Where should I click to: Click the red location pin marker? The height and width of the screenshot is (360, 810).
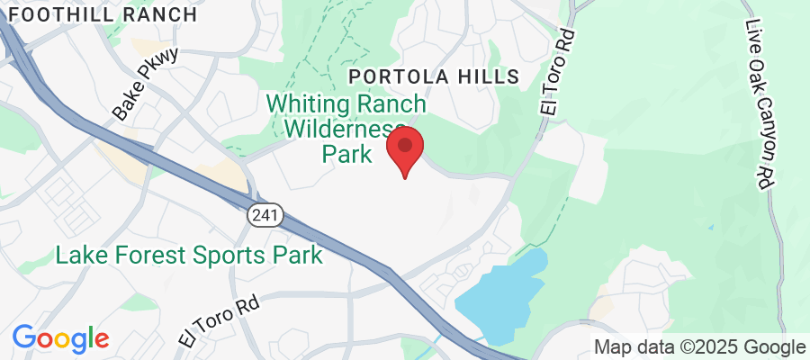(x=405, y=149)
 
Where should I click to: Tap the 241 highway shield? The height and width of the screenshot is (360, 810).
(x=266, y=216)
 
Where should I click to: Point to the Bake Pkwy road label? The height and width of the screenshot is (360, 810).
(x=147, y=84)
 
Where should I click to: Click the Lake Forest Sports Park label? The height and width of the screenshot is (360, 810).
(x=189, y=256)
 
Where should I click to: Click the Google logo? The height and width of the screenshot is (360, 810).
(x=60, y=339)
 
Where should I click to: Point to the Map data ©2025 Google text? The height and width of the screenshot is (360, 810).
(x=699, y=347)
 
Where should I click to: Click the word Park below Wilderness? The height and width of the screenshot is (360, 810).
(x=347, y=154)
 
